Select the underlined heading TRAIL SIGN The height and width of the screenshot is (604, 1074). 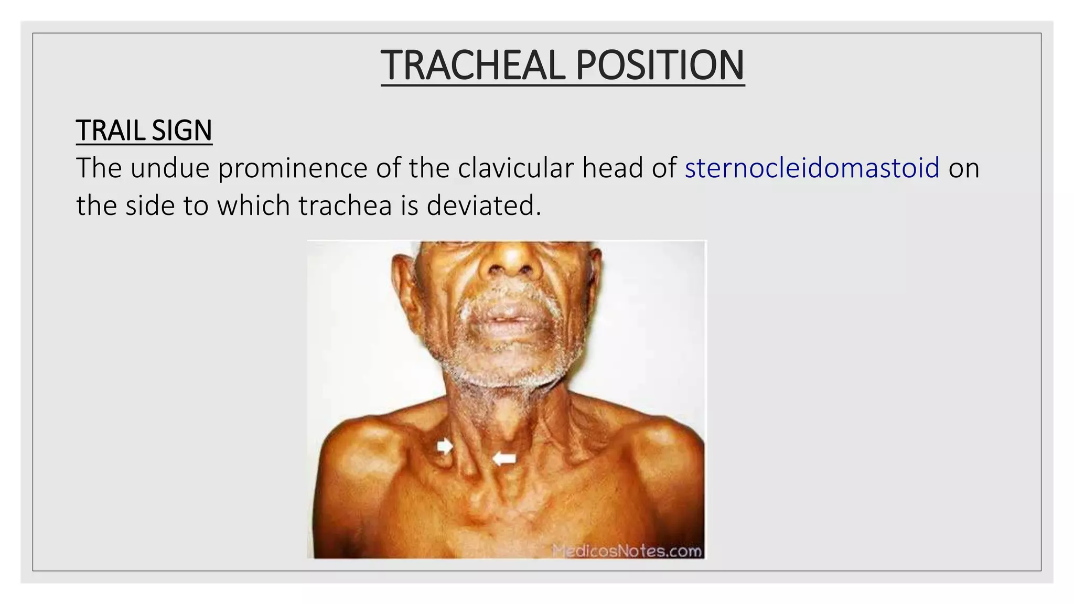(144, 131)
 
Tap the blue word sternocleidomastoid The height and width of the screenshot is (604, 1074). (812, 168)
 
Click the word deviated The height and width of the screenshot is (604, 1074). (483, 206)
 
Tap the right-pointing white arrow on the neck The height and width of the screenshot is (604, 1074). (445, 446)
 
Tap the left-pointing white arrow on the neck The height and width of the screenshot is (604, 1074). (504, 459)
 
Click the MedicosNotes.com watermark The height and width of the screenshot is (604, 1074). (627, 551)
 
